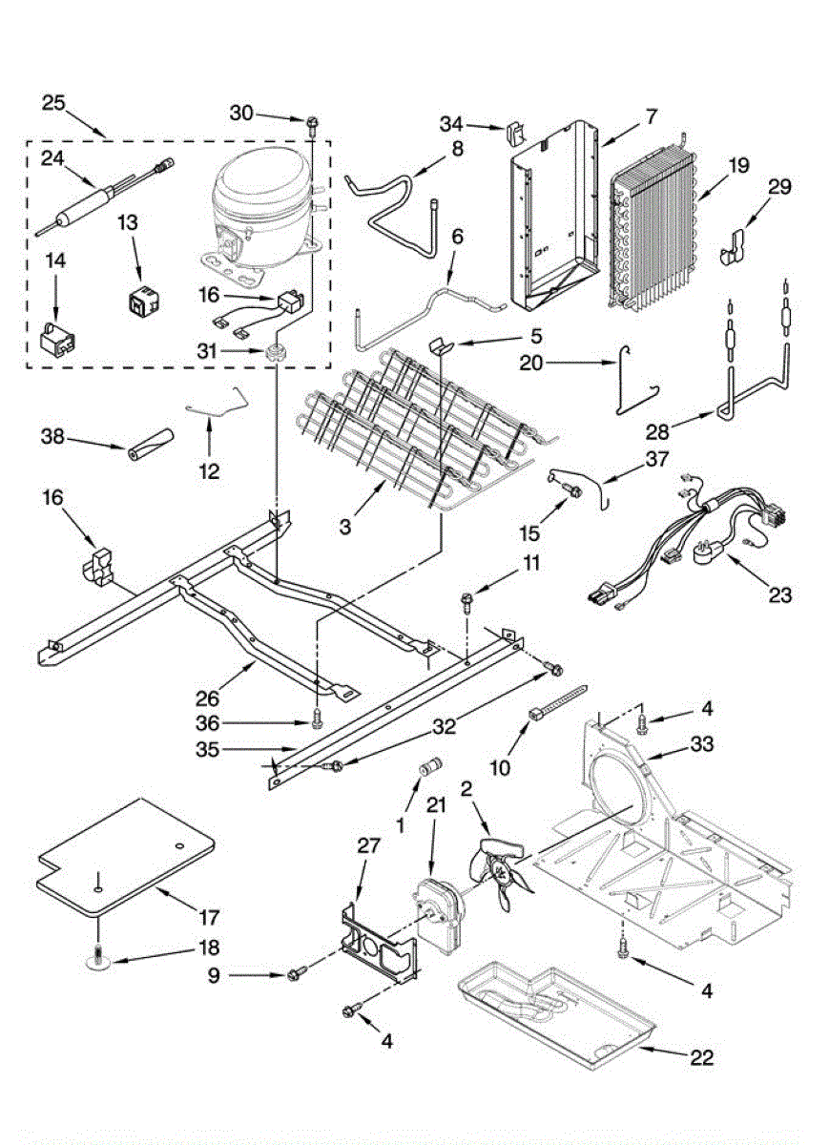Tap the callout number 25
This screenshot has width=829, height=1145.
pyautogui.click(x=54, y=102)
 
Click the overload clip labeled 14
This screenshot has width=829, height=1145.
pyautogui.click(x=58, y=341)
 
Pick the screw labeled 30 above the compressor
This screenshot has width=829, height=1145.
pyautogui.click(x=312, y=121)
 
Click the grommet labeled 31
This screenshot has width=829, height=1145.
pyautogui.click(x=278, y=353)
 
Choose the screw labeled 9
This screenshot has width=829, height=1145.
pyautogui.click(x=296, y=974)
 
